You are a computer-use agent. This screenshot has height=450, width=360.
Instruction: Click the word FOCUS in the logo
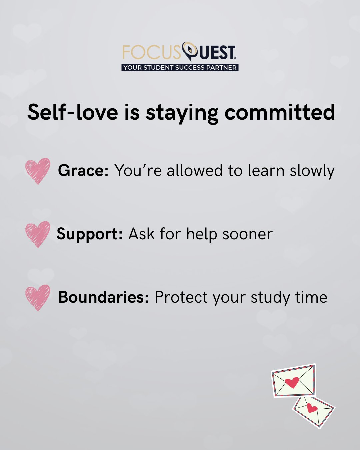pyautogui.click(x=152, y=52)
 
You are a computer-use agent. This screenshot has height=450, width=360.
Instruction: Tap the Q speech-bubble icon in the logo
pyautogui.click(x=190, y=51)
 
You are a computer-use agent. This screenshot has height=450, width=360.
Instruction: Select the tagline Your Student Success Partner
pyautogui.click(x=180, y=68)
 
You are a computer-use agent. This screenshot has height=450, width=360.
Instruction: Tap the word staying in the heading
pyautogui.click(x=182, y=114)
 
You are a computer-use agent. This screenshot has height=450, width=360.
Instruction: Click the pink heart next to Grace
pyautogui.click(x=38, y=171)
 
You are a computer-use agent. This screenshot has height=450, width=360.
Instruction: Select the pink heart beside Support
pyautogui.click(x=38, y=234)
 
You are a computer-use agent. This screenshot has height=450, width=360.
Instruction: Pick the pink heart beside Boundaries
pyautogui.click(x=38, y=298)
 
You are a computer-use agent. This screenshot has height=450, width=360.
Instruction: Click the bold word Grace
pyautogui.click(x=83, y=170)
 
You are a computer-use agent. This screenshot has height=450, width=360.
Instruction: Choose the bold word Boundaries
pyautogui.click(x=104, y=297)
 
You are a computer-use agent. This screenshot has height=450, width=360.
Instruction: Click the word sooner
pyautogui.click(x=247, y=235)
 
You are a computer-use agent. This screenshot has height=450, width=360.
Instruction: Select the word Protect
pyautogui.click(x=181, y=297)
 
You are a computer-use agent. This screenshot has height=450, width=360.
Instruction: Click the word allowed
pyautogui.click(x=194, y=170)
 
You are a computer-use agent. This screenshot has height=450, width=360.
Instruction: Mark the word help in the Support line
pyautogui.click(x=202, y=235)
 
